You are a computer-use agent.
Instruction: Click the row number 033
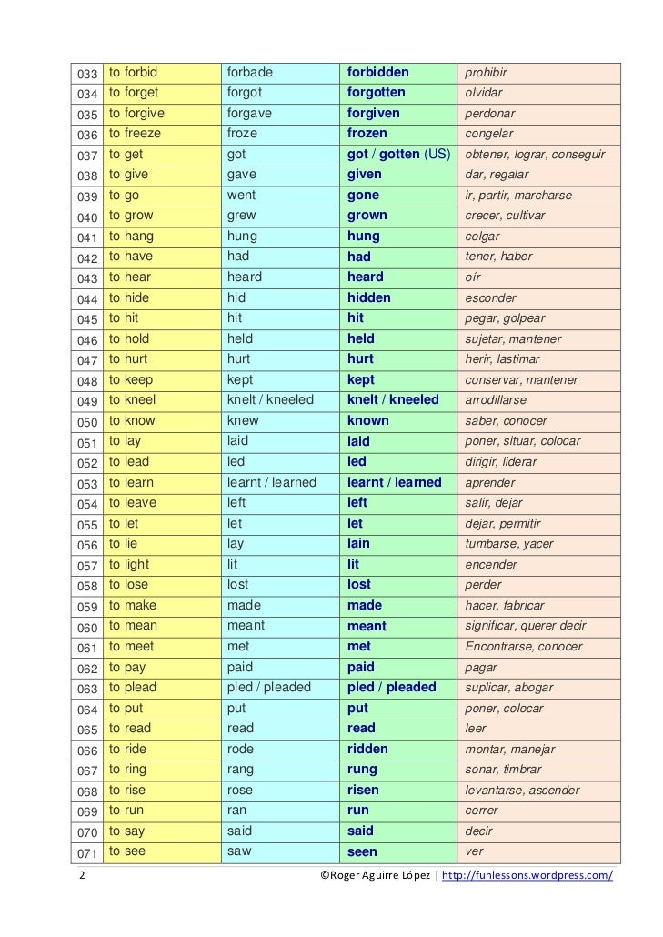coord(87,73)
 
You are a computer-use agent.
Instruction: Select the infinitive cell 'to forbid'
coord(134,72)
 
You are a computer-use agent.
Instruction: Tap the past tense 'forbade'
coord(250,72)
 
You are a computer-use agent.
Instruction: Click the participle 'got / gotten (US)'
coord(398,154)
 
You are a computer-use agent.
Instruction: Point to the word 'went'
coord(241,195)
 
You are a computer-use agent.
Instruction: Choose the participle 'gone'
coord(363,195)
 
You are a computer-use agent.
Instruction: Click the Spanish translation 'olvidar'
coord(484,93)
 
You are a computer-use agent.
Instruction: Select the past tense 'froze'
coord(242,134)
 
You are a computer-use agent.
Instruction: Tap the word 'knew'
coord(243,420)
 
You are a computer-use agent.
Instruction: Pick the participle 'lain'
coord(358,544)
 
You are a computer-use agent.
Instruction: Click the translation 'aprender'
coord(490,483)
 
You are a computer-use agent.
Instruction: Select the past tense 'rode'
coord(240,749)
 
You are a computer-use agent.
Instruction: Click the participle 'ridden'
coord(367,749)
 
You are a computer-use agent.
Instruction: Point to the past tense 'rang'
coord(240,770)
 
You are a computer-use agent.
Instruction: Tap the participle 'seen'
coord(362,852)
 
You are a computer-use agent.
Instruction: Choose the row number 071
coord(87,852)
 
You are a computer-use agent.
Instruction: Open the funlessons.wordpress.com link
coord(527,875)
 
